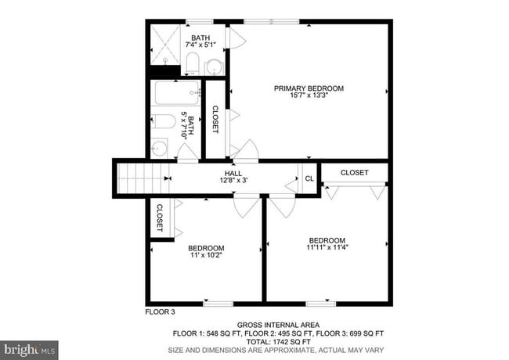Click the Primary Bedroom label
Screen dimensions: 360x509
309,88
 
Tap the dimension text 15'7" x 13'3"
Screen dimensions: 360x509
309,97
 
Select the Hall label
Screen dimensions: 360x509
233,173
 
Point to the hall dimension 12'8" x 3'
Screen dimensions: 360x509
233,181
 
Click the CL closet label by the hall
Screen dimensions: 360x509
309,178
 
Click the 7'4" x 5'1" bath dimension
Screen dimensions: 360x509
200,45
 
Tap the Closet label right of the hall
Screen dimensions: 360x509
354,172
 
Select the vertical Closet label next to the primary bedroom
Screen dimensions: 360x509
215,119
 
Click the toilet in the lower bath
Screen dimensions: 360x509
162,121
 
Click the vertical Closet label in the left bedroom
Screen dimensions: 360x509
160,217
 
